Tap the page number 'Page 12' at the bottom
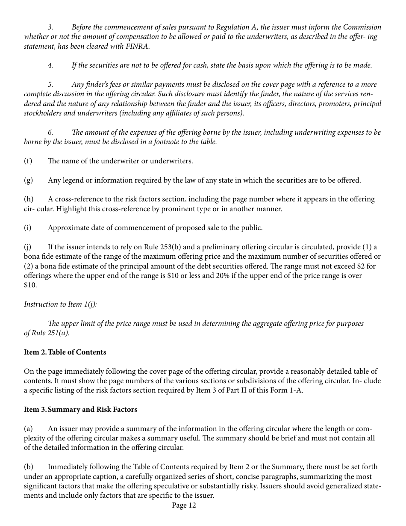[x=184, y=505]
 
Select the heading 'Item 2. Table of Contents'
[x=65, y=352]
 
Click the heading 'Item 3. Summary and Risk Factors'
[x=80, y=409]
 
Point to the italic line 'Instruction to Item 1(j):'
[x=60, y=304]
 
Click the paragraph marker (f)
[x=28, y=161]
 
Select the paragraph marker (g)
[x=28, y=180]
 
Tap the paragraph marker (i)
[x=27, y=228]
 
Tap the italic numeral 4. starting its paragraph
[x=50, y=65]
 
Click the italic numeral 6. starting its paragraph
[x=50, y=133]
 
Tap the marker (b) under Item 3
[x=28, y=467]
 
